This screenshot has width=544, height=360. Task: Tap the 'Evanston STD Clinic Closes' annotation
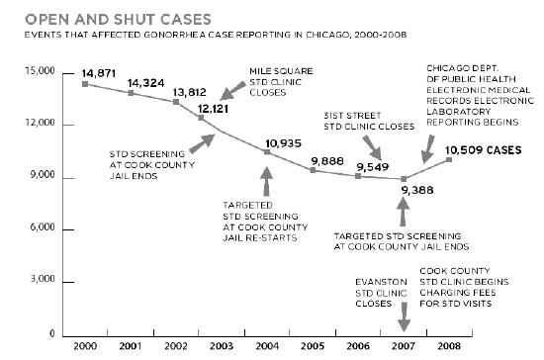coord(379,292)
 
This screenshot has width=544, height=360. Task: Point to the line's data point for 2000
coord(84,84)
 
